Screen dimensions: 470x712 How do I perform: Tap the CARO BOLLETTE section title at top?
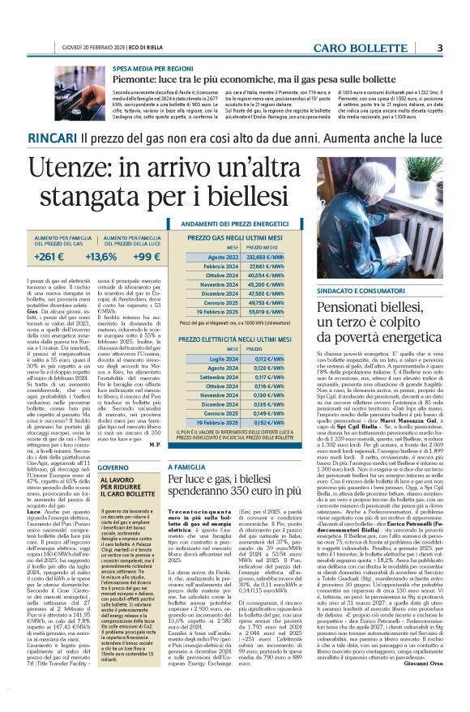click(x=384, y=48)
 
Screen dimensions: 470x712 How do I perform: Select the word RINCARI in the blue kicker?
click(x=53, y=139)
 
